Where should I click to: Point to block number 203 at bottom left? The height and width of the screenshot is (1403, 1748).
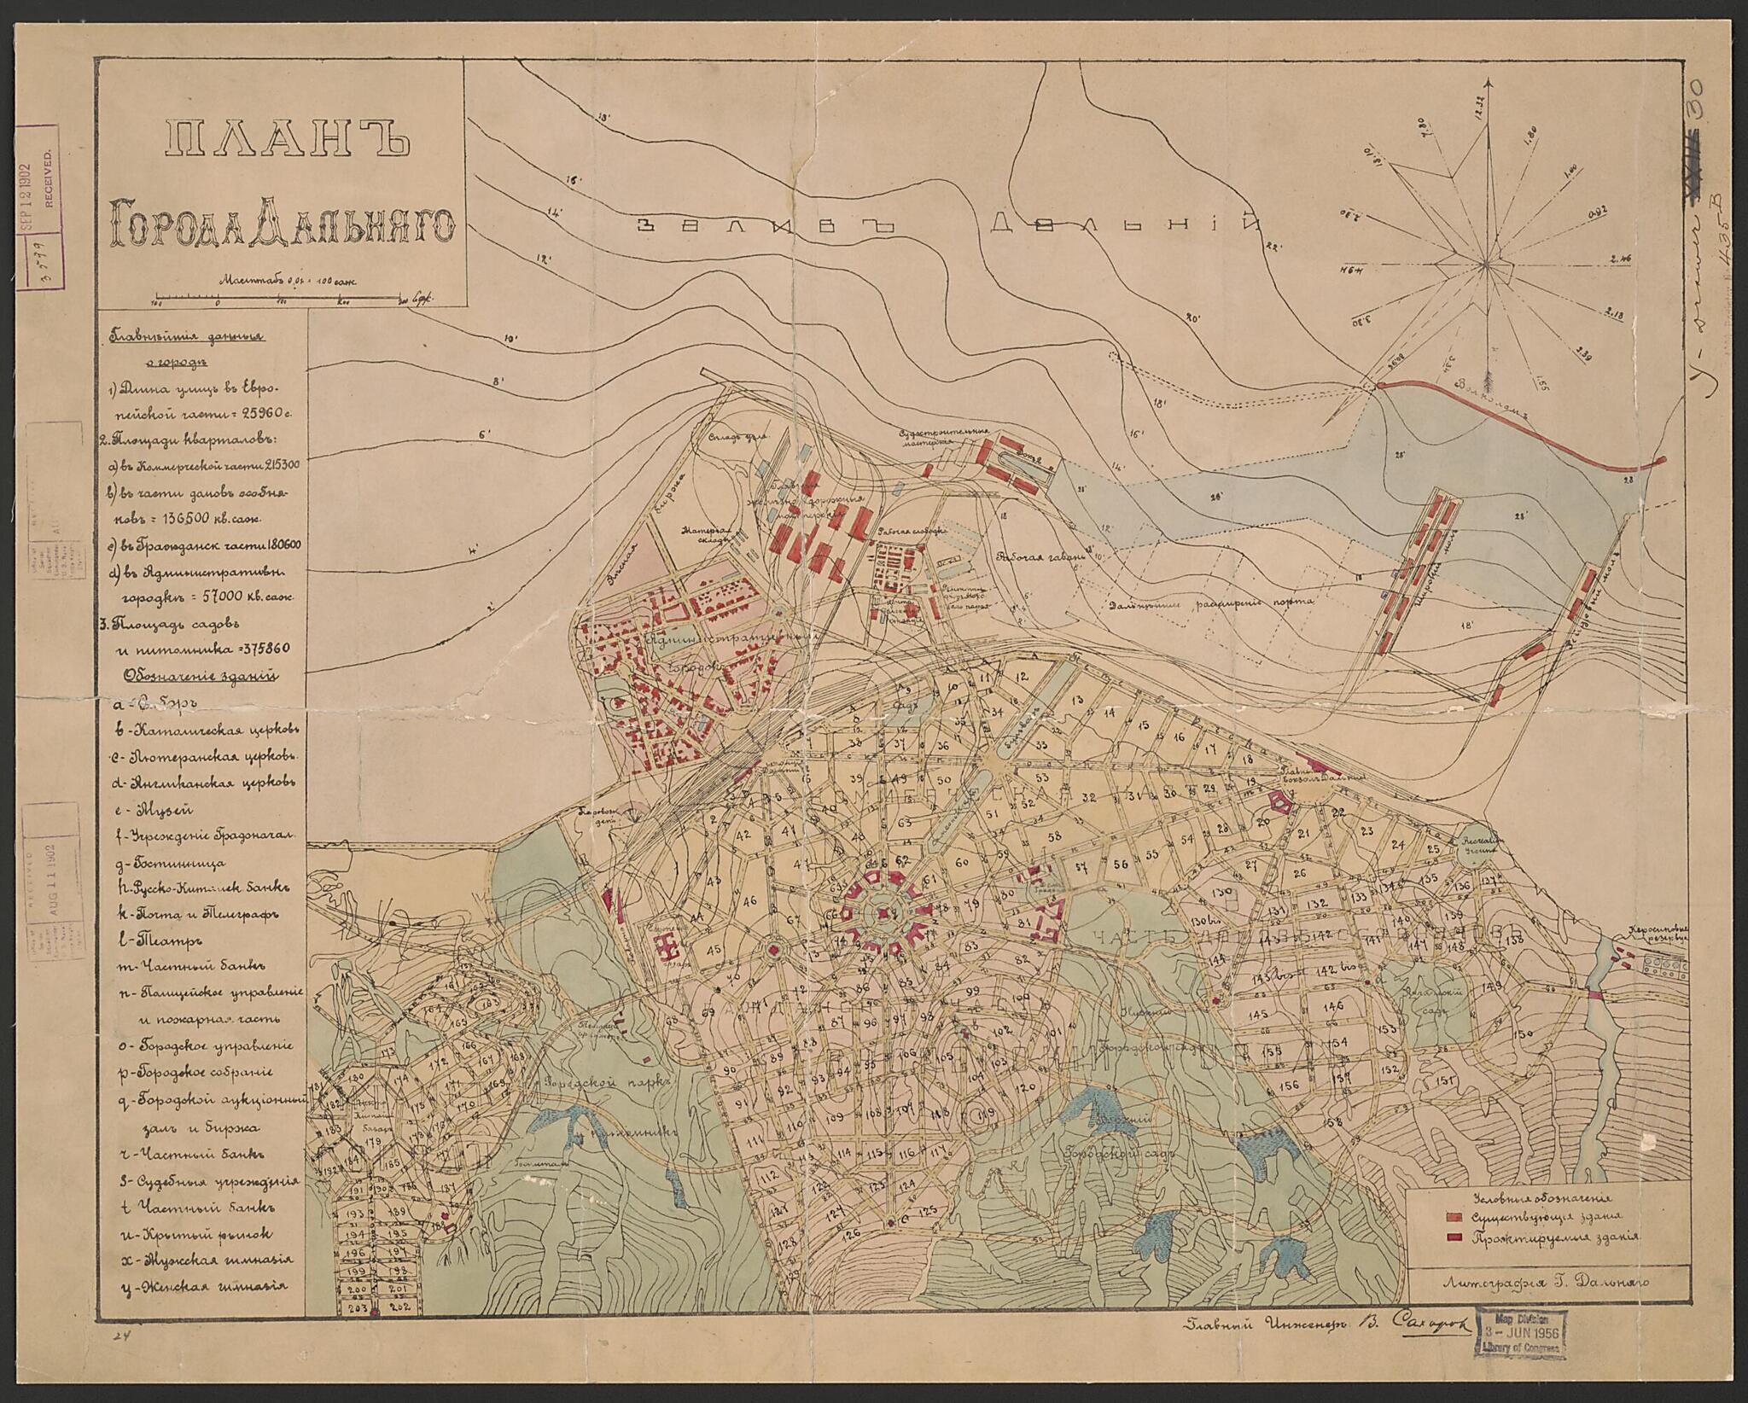pos(356,1307)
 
